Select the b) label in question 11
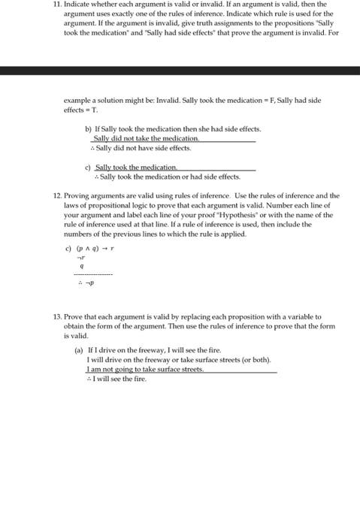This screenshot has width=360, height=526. [88, 129]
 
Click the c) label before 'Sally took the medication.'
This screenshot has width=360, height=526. [88, 167]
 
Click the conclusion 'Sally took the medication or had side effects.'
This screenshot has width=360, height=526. [169, 177]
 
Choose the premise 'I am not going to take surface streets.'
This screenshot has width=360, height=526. [145, 369]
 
